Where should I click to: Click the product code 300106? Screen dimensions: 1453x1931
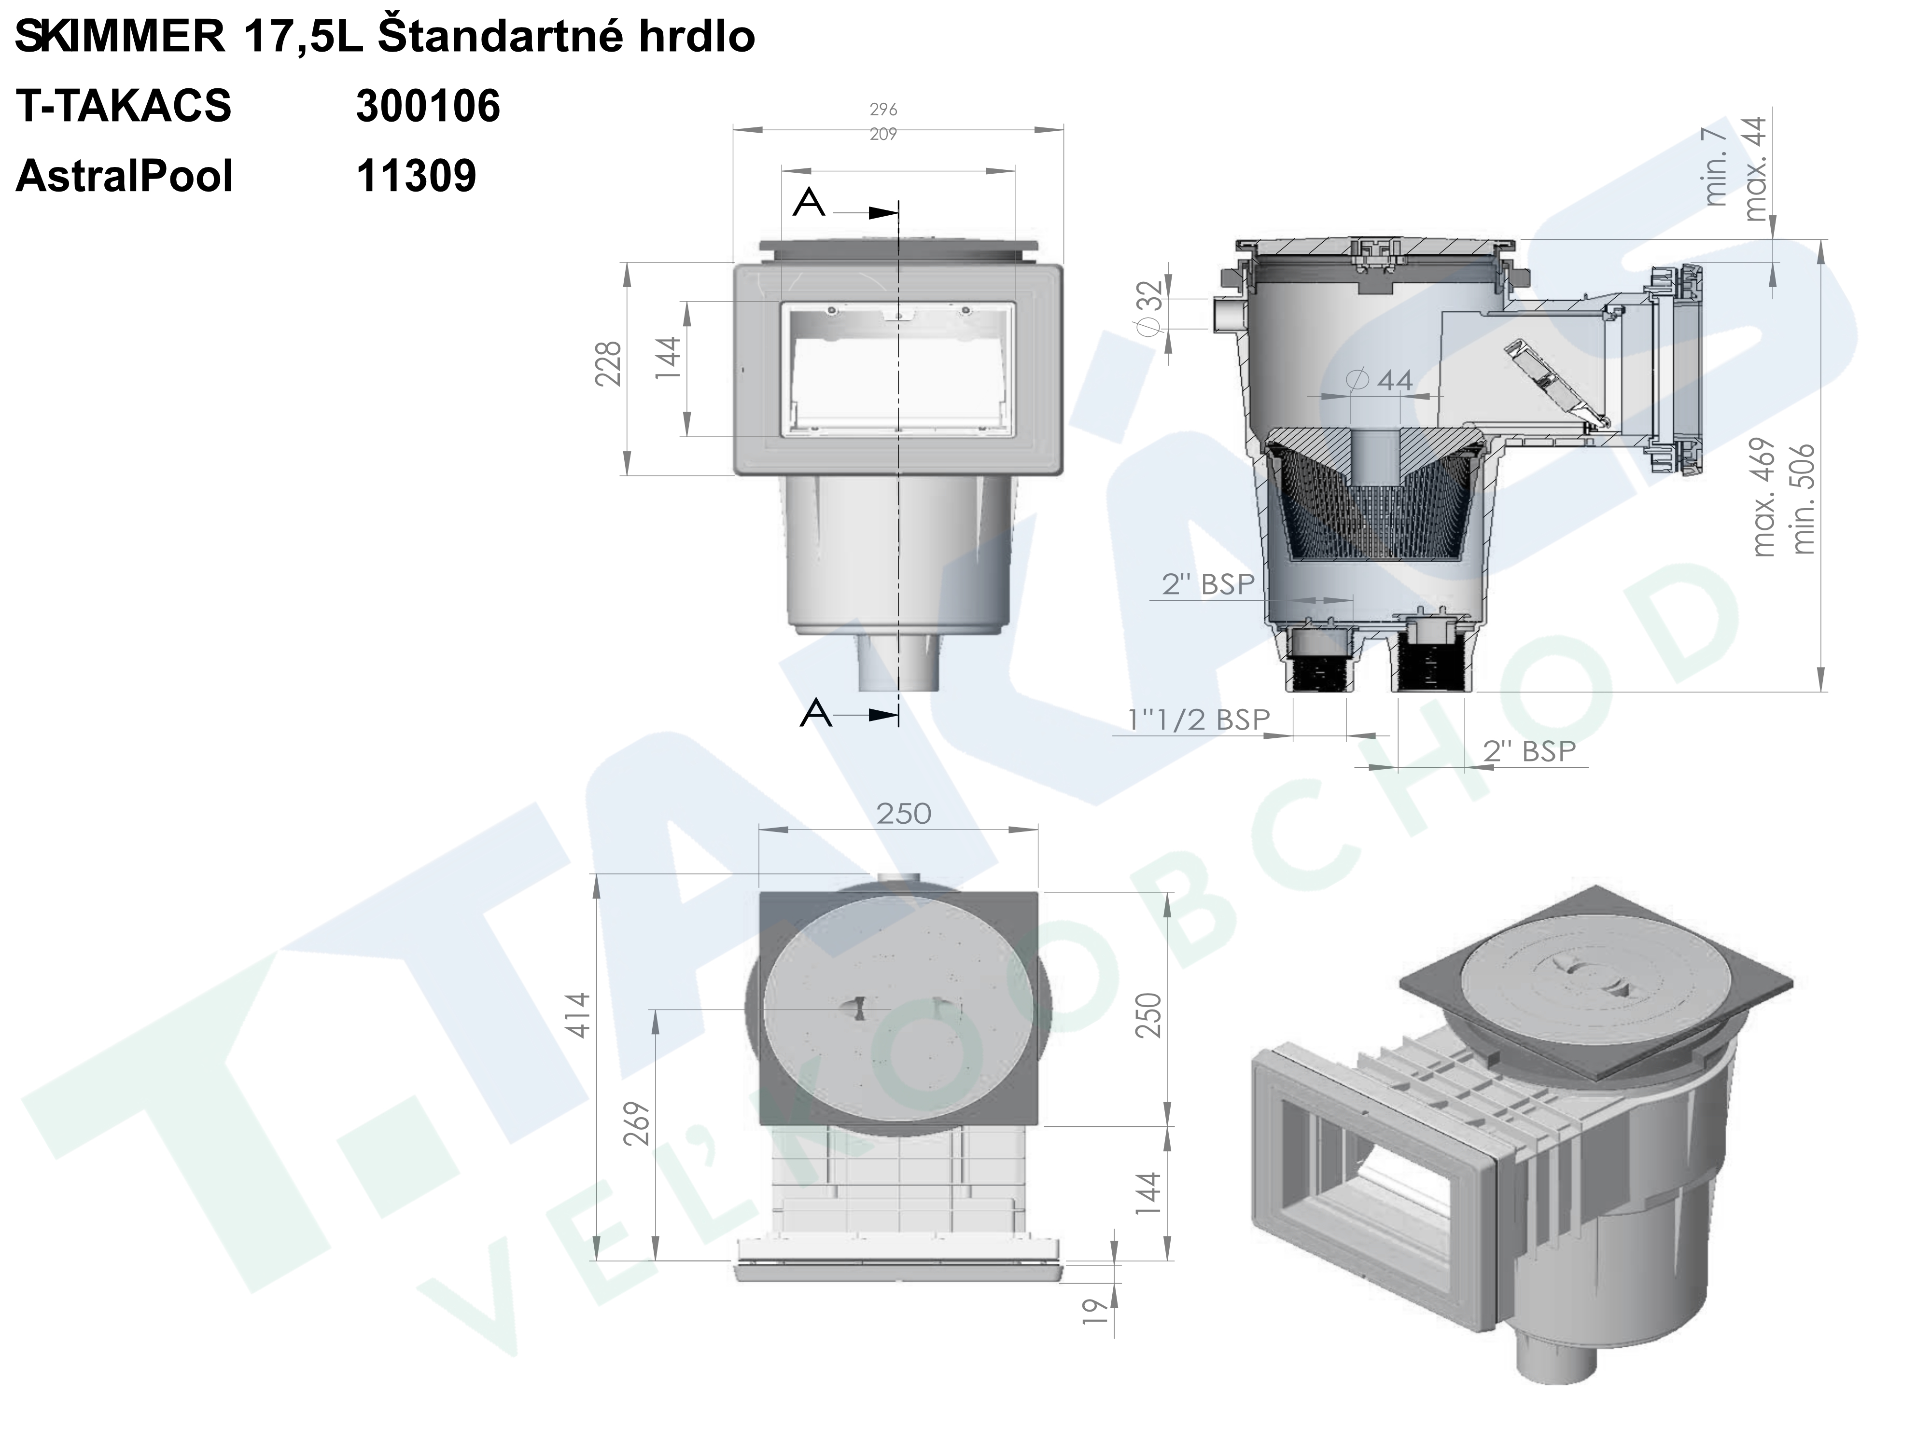428,107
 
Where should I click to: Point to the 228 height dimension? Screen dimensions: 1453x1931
608,364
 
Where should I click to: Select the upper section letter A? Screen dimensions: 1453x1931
809,203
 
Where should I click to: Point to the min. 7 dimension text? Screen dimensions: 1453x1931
1716,166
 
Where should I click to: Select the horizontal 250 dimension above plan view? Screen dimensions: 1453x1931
904,813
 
